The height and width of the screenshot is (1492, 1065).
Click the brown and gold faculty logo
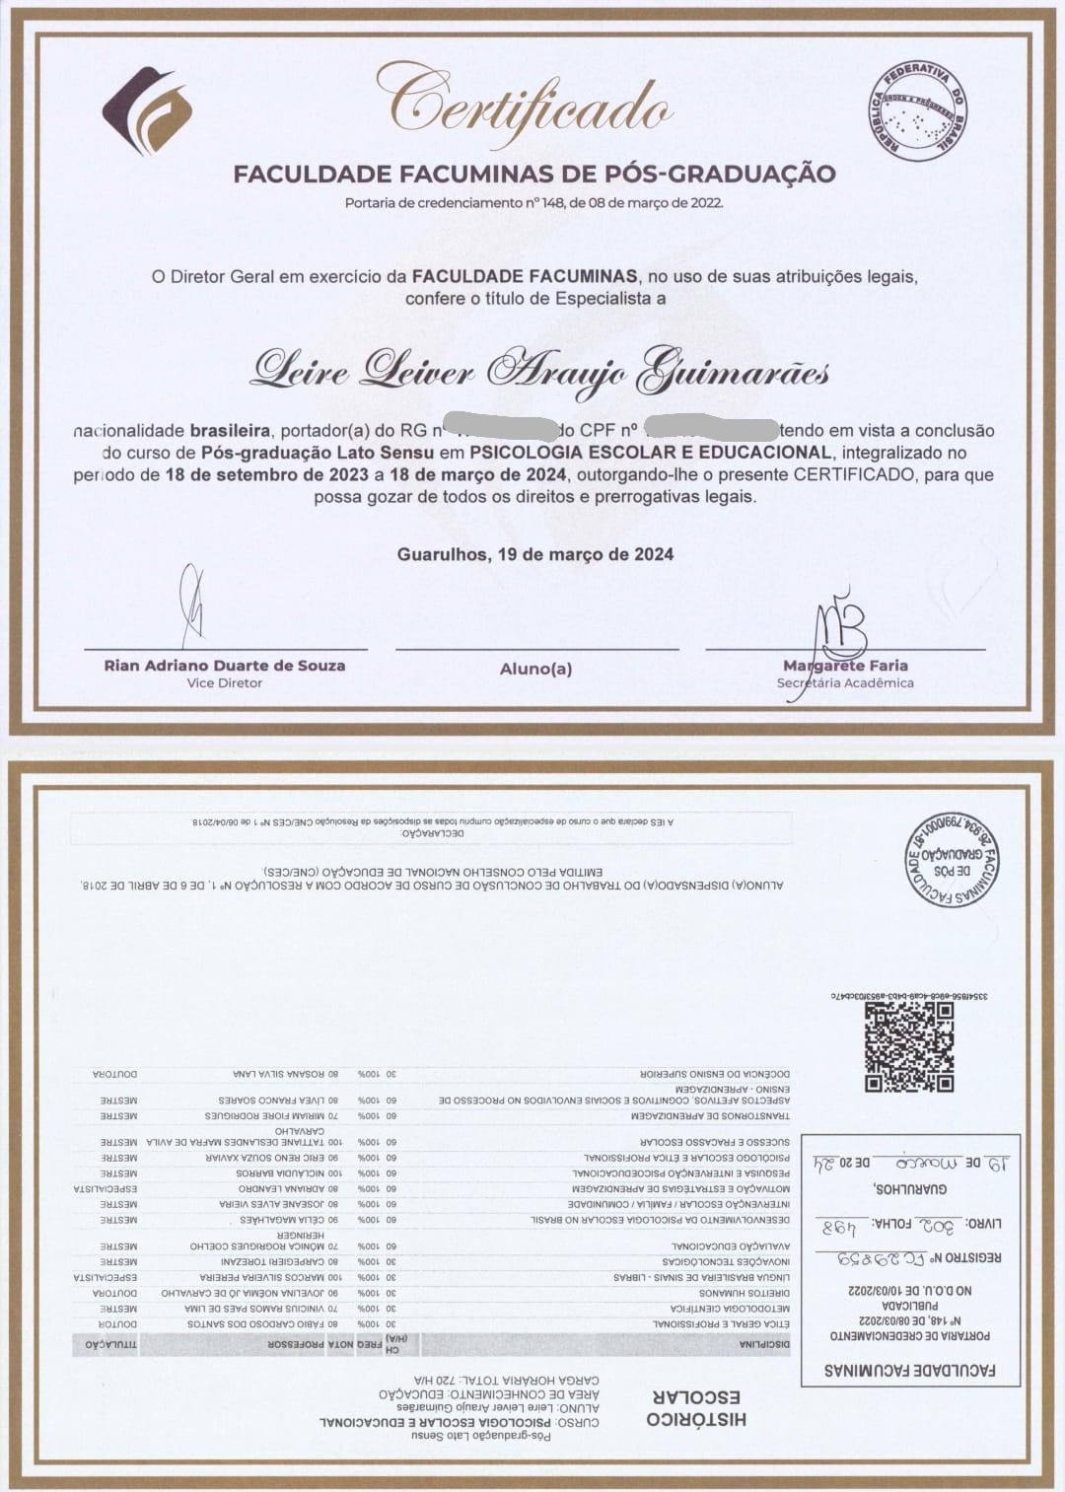[147, 109]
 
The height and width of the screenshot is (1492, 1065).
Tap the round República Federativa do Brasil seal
[918, 110]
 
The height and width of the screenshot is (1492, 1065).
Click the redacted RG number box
[503, 429]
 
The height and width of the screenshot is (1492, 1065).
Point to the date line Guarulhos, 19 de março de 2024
[535, 554]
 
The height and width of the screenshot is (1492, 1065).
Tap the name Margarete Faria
[845, 666]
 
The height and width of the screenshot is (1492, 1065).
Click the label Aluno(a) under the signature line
[535, 669]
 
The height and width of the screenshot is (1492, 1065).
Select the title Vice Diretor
[225, 682]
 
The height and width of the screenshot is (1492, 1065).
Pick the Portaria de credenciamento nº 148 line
[533, 203]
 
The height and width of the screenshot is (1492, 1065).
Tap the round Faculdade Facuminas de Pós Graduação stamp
[951, 861]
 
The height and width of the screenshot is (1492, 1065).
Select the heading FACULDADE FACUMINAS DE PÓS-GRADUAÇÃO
[533, 175]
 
